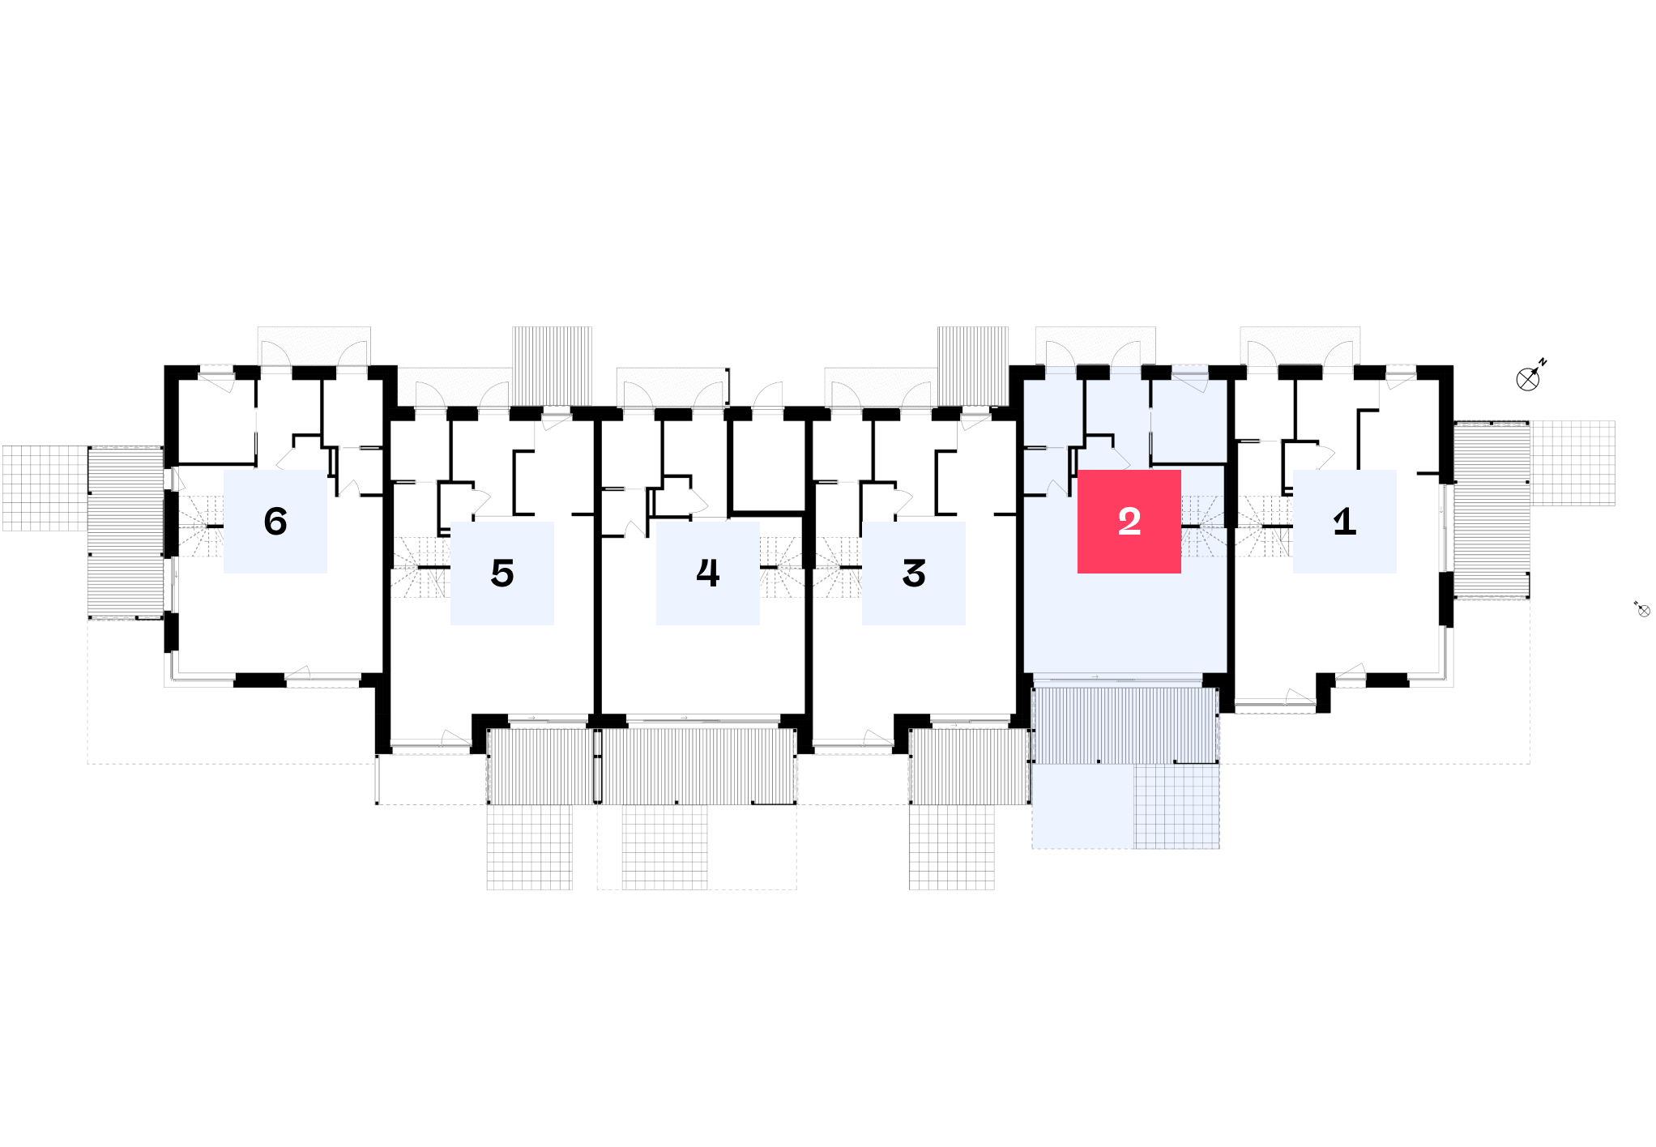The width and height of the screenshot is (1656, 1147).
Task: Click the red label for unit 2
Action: pyautogui.click(x=1129, y=522)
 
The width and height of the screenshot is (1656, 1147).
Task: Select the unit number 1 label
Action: pyautogui.click(x=1344, y=522)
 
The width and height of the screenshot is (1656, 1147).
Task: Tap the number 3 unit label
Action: pyautogui.click(x=913, y=573)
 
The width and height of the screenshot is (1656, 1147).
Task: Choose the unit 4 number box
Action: pyautogui.click(x=707, y=573)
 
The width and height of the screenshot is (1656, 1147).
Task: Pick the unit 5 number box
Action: pyautogui.click(x=501, y=573)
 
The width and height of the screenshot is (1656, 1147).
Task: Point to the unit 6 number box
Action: pyautogui.click(x=275, y=522)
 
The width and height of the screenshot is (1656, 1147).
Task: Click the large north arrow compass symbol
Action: pyautogui.click(x=1530, y=377)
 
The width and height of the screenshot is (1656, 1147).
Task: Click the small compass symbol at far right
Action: pyautogui.click(x=1641, y=609)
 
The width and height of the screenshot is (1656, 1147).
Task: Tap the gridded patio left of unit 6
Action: pyautogui.click(x=45, y=488)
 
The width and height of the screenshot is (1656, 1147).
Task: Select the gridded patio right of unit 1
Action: pyautogui.click(x=1573, y=463)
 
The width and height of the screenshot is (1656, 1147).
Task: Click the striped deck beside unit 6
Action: pyautogui.click(x=126, y=533)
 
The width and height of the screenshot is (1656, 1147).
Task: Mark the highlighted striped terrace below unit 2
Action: pyautogui.click(x=1125, y=725)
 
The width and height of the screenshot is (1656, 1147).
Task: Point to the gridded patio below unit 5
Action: pyautogui.click(x=529, y=846)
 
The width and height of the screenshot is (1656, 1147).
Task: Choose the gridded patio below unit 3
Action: pyautogui.click(x=951, y=846)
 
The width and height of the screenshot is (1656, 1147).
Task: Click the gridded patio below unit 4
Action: pyautogui.click(x=664, y=846)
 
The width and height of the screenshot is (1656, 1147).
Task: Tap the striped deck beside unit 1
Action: pyautogui.click(x=1492, y=510)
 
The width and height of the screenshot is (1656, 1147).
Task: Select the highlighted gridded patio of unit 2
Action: pyautogui.click(x=1176, y=807)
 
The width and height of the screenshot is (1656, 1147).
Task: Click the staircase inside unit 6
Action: pyautogui.click(x=200, y=527)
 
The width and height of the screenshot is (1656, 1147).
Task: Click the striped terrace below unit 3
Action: pyautogui.click(x=970, y=766)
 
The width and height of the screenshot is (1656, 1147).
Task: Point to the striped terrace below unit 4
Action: pyautogui.click(x=698, y=766)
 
